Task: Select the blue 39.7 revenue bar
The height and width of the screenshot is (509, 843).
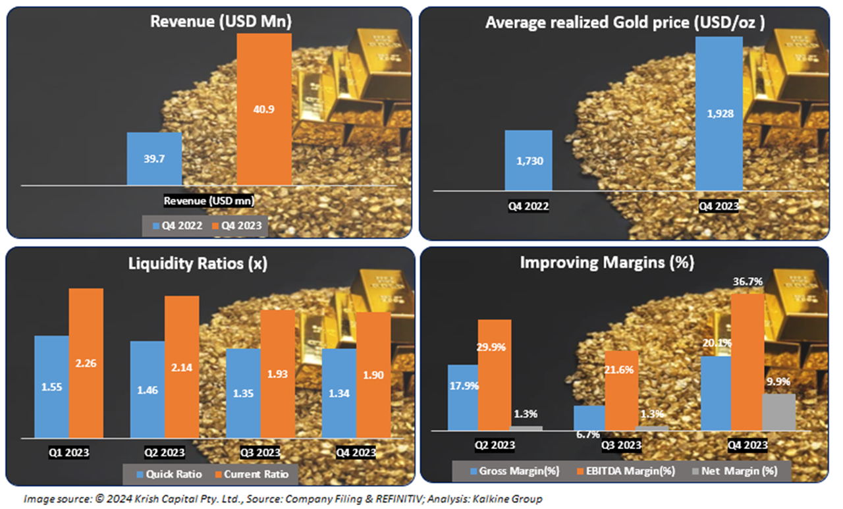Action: [x=154, y=159]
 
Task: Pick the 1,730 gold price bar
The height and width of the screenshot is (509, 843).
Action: [x=528, y=160]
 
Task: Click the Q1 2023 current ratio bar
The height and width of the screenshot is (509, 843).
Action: [x=86, y=362]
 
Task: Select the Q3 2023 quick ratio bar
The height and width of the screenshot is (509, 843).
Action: [x=242, y=392]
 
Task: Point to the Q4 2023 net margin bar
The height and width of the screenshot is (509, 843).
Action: [x=778, y=412]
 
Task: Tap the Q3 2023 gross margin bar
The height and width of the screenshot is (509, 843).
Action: [x=589, y=417]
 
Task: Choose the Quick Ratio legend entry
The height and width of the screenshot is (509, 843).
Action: [x=161, y=473]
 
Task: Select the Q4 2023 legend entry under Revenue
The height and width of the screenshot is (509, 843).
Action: [x=239, y=226]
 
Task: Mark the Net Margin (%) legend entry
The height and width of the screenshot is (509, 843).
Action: [x=737, y=471]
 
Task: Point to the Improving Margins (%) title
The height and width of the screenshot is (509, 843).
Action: [x=607, y=262]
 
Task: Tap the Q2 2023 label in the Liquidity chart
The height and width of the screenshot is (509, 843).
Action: [x=164, y=452]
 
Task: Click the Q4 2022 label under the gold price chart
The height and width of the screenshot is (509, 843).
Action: [x=528, y=205]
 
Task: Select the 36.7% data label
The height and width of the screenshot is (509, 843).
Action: [x=748, y=282]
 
